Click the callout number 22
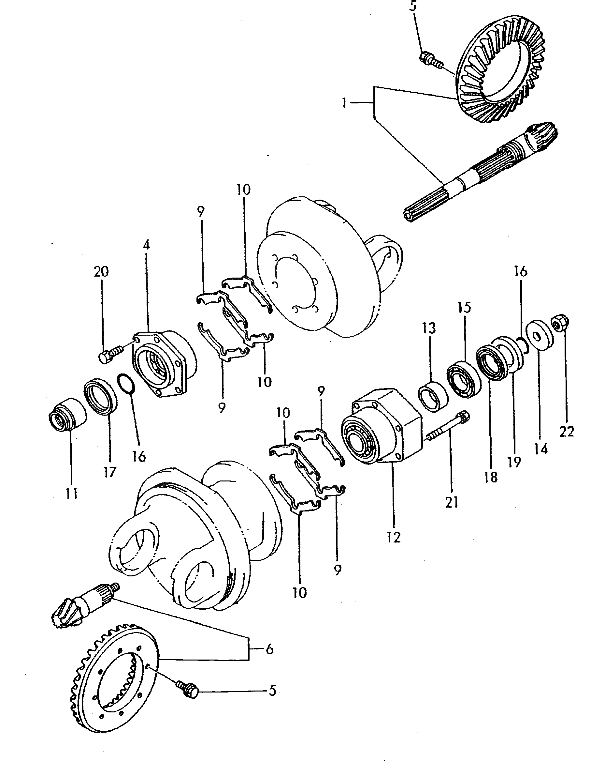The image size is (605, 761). pos(566,432)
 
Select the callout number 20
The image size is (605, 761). pos(101,271)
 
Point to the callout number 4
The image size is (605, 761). pos(146,245)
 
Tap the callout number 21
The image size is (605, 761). pos(452,502)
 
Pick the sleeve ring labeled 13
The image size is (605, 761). pos(433,396)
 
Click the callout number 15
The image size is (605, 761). pos(464,308)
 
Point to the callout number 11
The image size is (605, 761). pos(72,494)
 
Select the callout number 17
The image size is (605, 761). pos(110,472)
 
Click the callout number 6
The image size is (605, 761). pos(269,649)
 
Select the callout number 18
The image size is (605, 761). pos(491,477)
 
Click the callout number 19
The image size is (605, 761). pos(514,462)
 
